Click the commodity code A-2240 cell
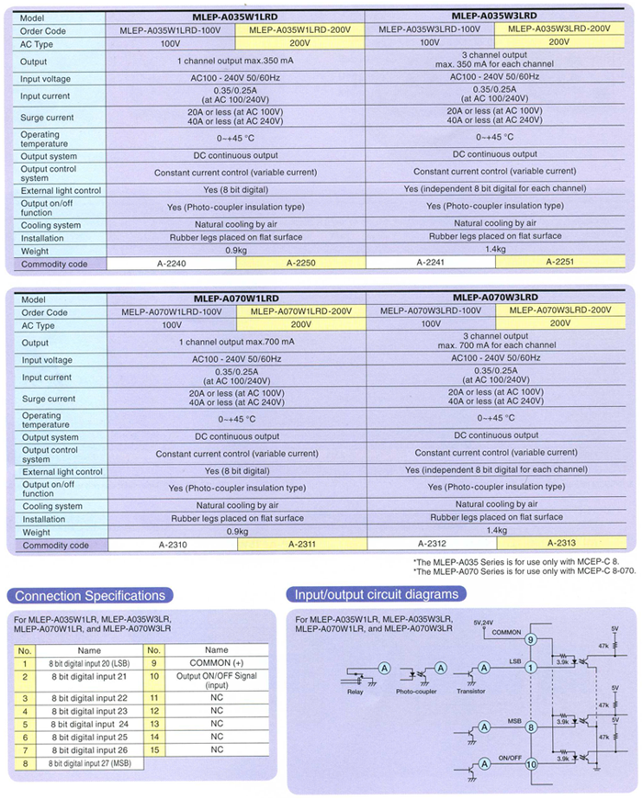[x=171, y=263]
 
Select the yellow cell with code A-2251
[x=559, y=263]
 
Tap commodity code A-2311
[x=301, y=545]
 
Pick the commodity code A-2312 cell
[x=430, y=545]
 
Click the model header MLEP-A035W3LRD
[x=494, y=17]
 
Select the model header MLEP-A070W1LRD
[x=237, y=299]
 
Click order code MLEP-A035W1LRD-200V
[x=300, y=29]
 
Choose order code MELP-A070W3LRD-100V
[x=430, y=311]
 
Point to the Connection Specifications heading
[x=90, y=595]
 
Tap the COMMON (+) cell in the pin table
[x=217, y=662]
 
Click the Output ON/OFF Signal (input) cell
[x=217, y=681]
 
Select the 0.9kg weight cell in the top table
[x=236, y=250]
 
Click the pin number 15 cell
[x=155, y=749]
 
